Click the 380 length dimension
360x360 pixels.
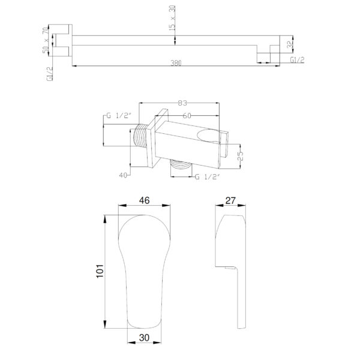pyautogui.click(x=176, y=63)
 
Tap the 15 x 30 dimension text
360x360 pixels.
pyautogui.click(x=172, y=18)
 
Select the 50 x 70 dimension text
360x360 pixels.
pyautogui.click(x=46, y=40)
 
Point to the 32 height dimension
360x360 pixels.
pyautogui.click(x=290, y=44)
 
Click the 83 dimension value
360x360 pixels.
pyautogui.click(x=182, y=103)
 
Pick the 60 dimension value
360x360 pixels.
pyautogui.click(x=187, y=116)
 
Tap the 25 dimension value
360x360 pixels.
pyautogui.click(x=240, y=156)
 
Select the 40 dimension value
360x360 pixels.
pyautogui.click(x=123, y=175)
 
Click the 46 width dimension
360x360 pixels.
pyautogui.click(x=145, y=200)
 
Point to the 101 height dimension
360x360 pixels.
pyautogui.click(x=100, y=271)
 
